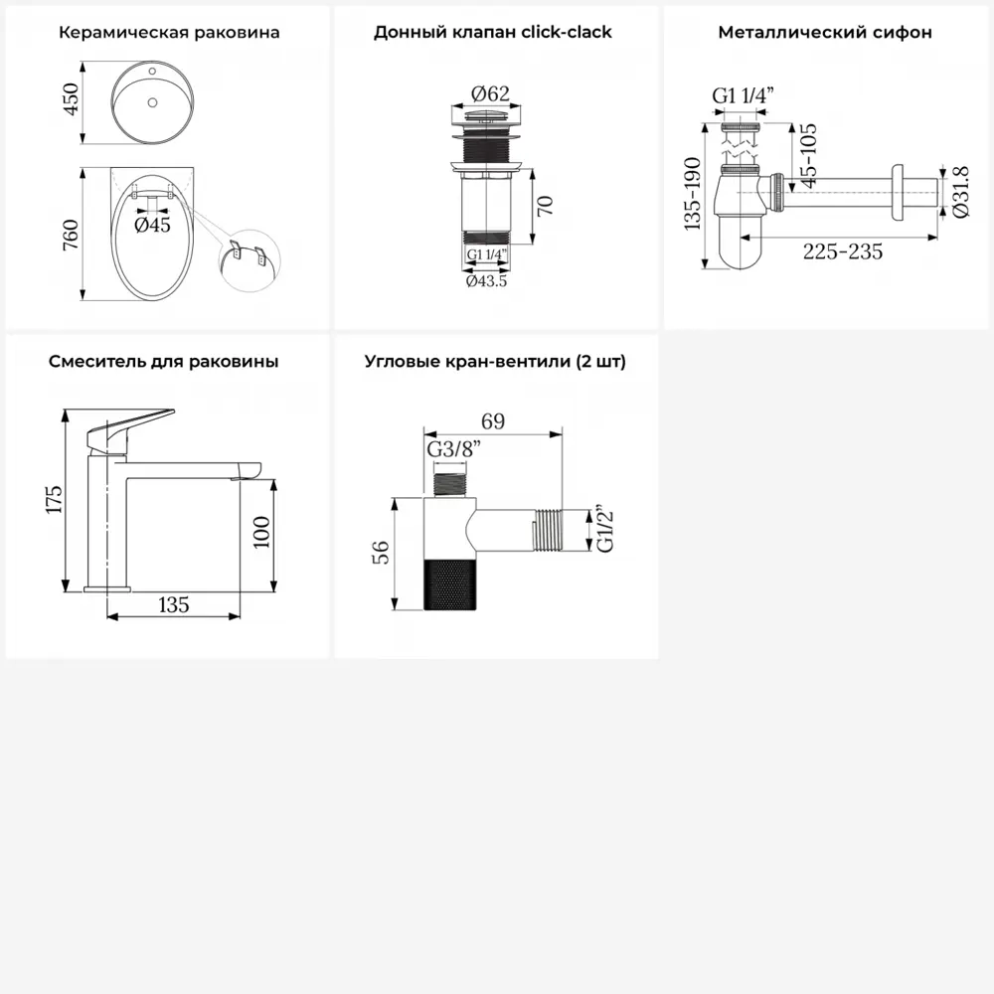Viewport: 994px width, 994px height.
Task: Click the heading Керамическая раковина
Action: [x=169, y=33]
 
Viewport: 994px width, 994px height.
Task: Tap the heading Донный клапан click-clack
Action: [x=493, y=33]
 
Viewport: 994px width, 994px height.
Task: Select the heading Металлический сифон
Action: [x=825, y=33]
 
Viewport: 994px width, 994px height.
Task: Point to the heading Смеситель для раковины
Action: [x=164, y=362]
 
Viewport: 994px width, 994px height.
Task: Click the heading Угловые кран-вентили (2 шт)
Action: [x=495, y=362]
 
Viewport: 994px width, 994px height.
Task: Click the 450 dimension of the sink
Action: [x=71, y=99]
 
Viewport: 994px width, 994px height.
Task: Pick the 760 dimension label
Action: [x=71, y=235]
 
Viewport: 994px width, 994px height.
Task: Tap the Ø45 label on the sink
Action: [x=152, y=225]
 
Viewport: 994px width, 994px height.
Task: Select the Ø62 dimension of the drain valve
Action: [x=490, y=93]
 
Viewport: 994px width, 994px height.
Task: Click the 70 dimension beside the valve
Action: [x=545, y=206]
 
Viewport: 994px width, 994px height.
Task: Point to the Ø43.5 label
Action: [x=486, y=281]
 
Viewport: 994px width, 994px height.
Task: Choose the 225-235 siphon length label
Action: [x=843, y=252]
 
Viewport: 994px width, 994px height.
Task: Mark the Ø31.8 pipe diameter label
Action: [x=961, y=192]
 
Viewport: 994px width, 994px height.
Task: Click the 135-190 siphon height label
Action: [x=692, y=194]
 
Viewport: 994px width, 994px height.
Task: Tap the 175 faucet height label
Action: [x=54, y=500]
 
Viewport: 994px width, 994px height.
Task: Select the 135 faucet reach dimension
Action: [x=174, y=604]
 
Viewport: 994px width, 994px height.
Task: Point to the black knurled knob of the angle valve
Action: [x=449, y=585]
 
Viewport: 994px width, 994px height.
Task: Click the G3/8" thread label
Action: [x=454, y=449]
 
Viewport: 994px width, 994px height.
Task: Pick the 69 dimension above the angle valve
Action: [x=493, y=421]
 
